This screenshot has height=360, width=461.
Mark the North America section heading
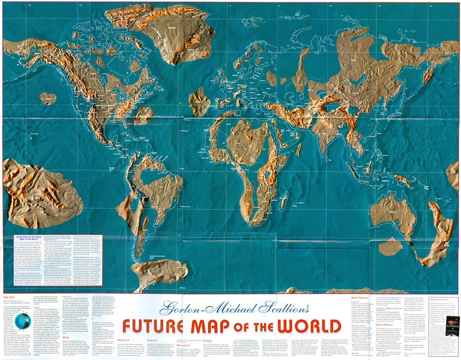361,297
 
